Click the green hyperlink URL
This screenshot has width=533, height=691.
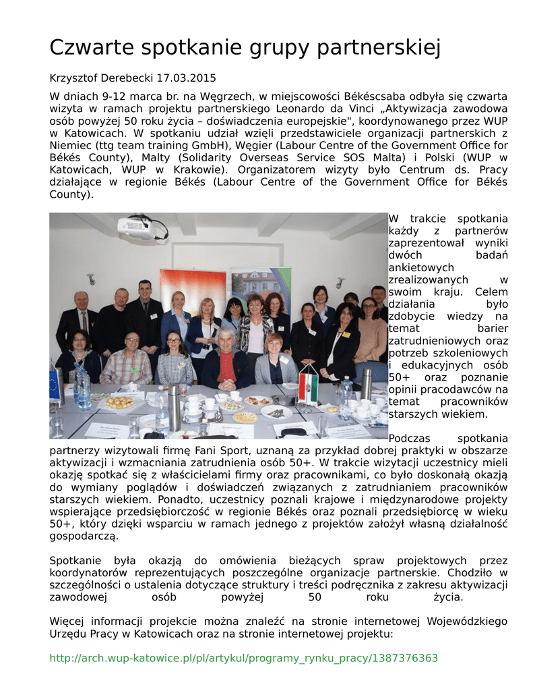pos(244,658)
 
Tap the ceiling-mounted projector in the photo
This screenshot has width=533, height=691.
pos(142,228)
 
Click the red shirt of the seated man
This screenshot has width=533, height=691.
pos(226,367)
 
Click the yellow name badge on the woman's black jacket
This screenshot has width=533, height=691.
pos(346,334)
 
